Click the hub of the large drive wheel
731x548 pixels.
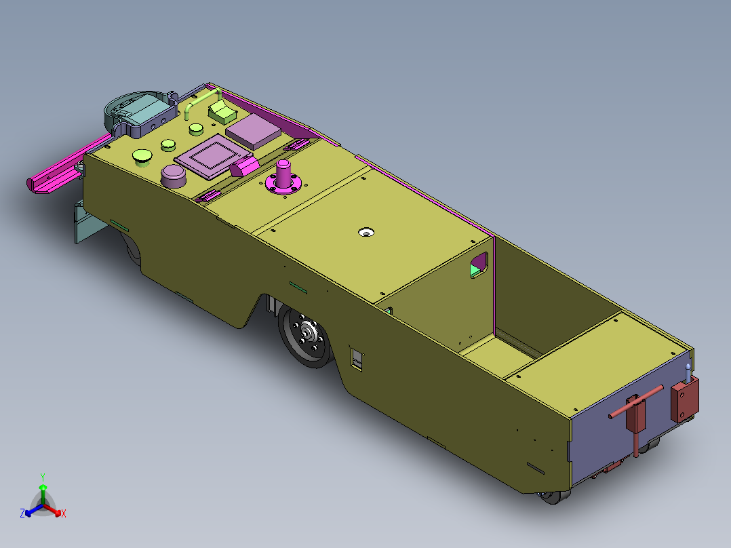pos(307,333)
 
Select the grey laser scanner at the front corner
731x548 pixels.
pos(139,111)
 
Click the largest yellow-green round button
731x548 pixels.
pos(143,157)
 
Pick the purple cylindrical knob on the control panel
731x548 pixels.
pos(174,176)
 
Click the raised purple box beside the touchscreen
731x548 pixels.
pos(253,130)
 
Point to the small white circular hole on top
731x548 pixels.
pos(367,233)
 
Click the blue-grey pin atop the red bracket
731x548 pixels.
pos(689,371)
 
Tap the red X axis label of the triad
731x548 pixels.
pos(64,514)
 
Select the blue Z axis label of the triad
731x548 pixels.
pos(22,514)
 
